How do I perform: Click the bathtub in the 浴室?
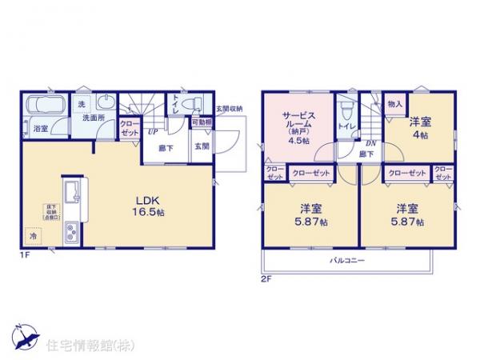46,107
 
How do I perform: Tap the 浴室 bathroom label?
40,127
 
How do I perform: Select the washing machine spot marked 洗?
82,104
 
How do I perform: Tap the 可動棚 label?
201,123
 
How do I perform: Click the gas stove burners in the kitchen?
70,234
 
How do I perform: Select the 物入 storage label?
394,104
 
